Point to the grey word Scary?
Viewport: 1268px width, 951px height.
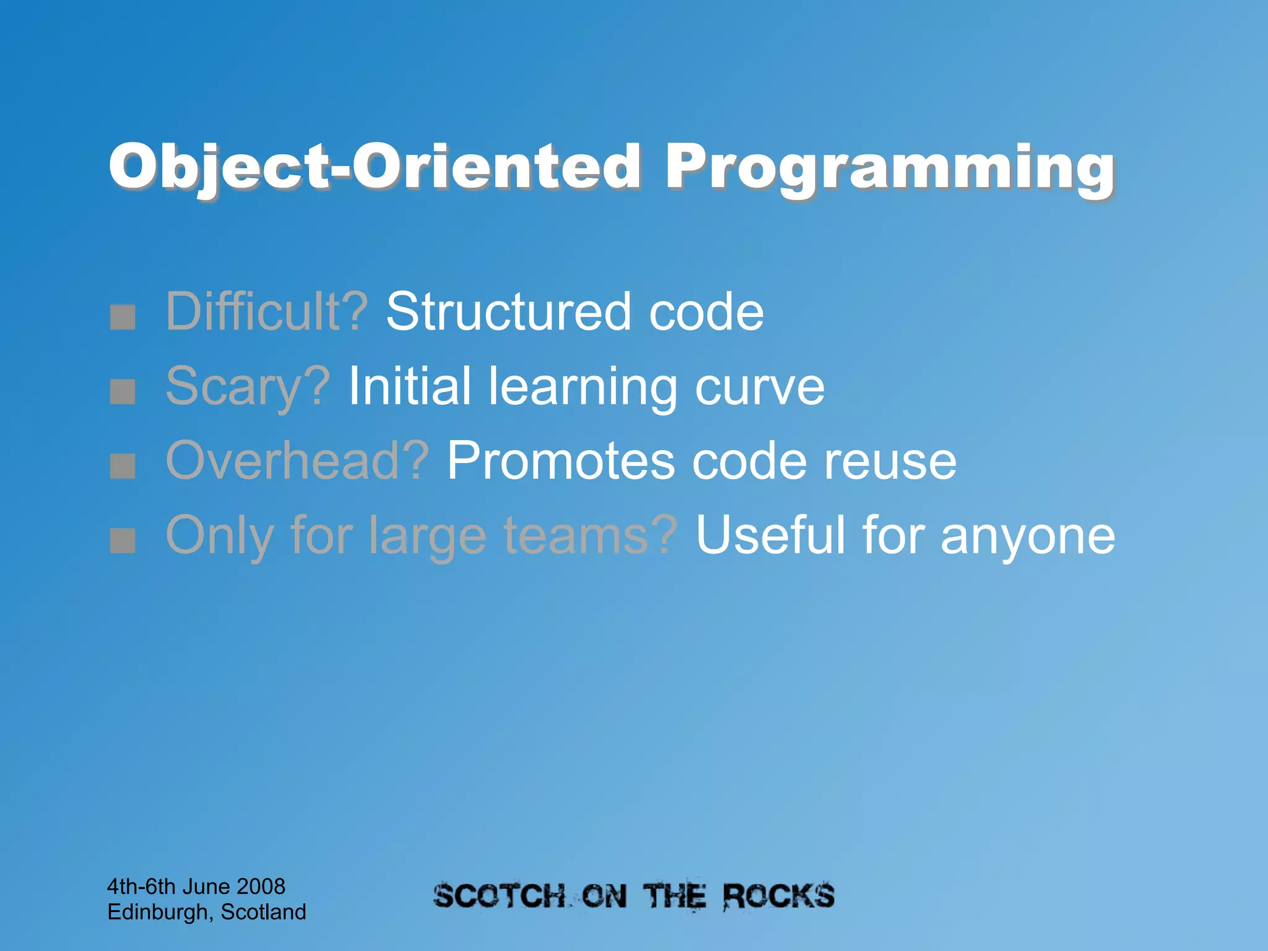pyautogui.click(x=248, y=387)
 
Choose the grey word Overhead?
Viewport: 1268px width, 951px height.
pyautogui.click(x=297, y=461)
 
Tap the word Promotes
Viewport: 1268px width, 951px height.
pyautogui.click(x=560, y=461)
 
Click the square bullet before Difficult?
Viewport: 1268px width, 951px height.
pyautogui.click(x=123, y=316)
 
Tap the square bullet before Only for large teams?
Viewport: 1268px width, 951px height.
pyautogui.click(x=123, y=540)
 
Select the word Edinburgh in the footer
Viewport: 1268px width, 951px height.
pyautogui.click(x=157, y=912)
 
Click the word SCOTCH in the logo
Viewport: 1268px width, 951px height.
pyautogui.click(x=499, y=897)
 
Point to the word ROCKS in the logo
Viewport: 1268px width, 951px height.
pyautogui.click(x=778, y=897)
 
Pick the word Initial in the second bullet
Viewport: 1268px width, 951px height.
pyautogui.click(x=409, y=387)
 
